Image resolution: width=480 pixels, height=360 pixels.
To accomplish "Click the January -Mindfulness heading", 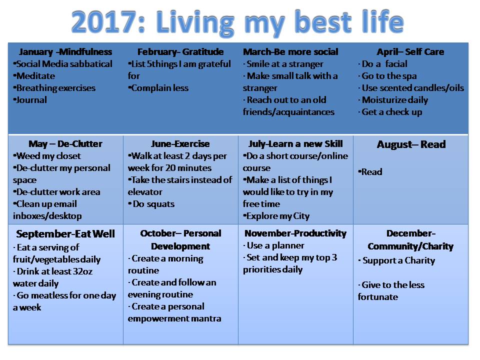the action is click(x=65, y=51).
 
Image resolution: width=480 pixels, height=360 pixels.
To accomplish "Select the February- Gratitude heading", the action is click(x=180, y=51).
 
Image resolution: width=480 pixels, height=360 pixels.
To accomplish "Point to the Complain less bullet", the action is click(x=158, y=88).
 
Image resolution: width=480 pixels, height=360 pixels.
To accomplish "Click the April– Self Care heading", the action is click(x=410, y=51).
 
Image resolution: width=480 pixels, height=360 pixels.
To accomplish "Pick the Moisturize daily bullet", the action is click(x=393, y=100).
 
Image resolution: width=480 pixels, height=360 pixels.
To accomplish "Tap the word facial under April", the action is click(x=396, y=64).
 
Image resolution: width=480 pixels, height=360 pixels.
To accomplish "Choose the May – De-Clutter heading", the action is click(x=65, y=144).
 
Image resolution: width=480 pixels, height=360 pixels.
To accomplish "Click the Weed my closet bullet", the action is click(x=47, y=156).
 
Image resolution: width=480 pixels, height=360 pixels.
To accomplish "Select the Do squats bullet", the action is click(x=151, y=204).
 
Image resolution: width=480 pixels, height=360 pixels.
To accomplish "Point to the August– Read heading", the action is click(x=411, y=144).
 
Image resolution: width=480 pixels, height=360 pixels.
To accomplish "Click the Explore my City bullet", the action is click(x=276, y=216).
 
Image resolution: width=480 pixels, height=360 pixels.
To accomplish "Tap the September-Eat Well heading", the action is click(x=65, y=234).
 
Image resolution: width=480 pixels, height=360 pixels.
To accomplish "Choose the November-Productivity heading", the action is click(x=295, y=233).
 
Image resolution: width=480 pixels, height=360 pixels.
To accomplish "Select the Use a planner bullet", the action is click(x=273, y=245).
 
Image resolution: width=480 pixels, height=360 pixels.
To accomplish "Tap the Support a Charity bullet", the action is click(x=396, y=260).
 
